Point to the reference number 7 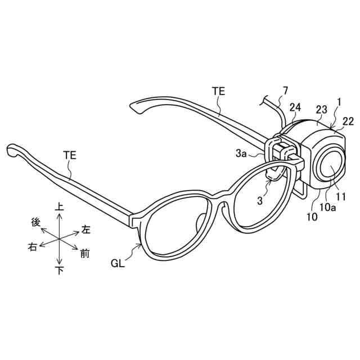(x=285, y=90)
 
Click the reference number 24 (x=296, y=107)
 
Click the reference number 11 (x=341, y=197)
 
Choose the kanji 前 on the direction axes (x=84, y=254)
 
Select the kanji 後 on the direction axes (x=35, y=223)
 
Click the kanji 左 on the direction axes (x=86, y=229)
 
